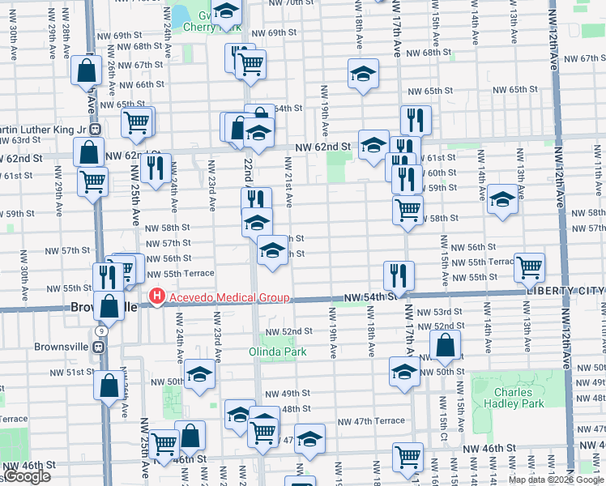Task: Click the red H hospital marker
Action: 156,297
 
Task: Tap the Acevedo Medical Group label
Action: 228,297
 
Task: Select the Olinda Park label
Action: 278,352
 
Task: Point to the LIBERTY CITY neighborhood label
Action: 565,290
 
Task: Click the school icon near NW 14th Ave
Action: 502,200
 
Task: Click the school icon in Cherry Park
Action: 227,11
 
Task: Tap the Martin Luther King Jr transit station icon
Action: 96,129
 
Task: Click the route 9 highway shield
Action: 100,331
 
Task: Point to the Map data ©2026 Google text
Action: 556,480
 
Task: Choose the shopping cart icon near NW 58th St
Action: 408,208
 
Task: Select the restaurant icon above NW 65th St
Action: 416,119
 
